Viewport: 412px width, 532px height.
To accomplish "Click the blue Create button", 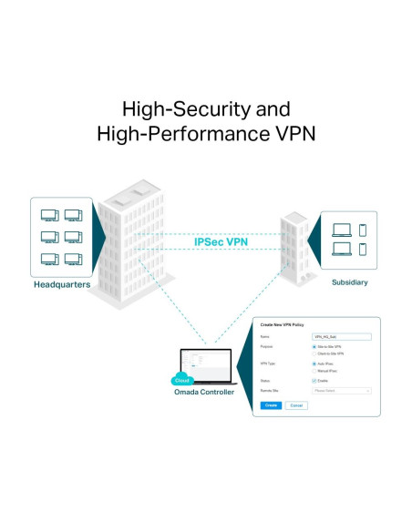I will pyautogui.click(x=271, y=405).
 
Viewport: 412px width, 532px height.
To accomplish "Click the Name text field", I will pyautogui.click(x=342, y=336).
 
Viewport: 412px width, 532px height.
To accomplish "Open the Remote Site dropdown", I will pyautogui.click(x=342, y=390).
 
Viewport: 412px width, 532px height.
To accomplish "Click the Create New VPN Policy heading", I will pyautogui.click(x=283, y=325).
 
